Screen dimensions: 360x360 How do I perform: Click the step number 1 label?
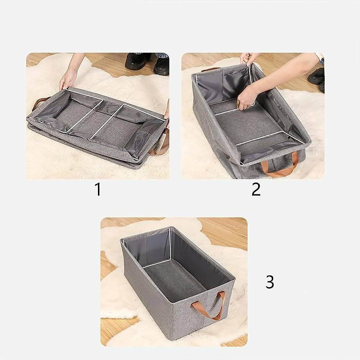98,190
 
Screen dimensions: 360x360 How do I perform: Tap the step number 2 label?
256,190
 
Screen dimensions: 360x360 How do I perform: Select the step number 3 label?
270,282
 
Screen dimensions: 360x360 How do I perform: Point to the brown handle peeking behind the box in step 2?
212,69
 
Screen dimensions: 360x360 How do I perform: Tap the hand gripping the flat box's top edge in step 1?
67,79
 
